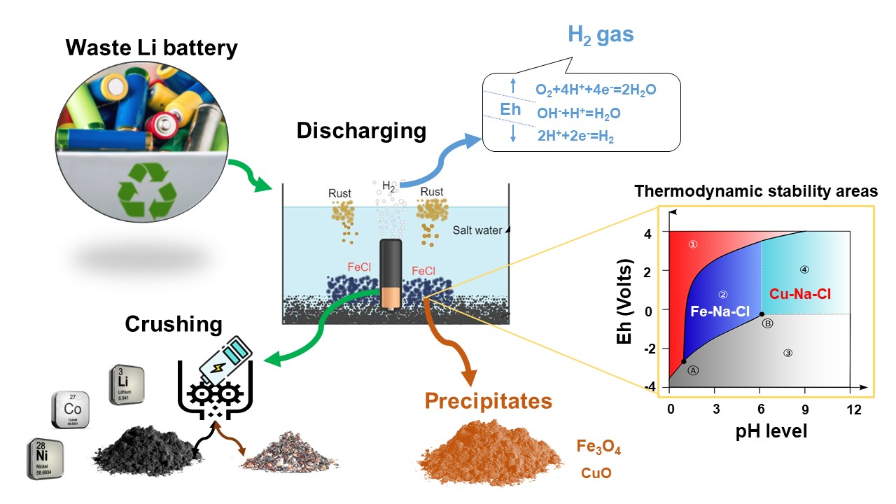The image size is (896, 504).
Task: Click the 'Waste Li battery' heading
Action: (151, 49)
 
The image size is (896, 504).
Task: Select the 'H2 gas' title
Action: (600, 35)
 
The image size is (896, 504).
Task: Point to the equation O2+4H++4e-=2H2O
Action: (596, 90)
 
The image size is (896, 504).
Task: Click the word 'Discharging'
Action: (360, 131)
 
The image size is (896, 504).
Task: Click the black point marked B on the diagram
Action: (762, 314)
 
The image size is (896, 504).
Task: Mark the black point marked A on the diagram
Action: (683, 361)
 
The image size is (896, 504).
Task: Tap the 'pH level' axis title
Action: (762, 430)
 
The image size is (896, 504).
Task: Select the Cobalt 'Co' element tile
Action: (70, 409)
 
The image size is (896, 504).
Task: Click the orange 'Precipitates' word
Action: (487, 401)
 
